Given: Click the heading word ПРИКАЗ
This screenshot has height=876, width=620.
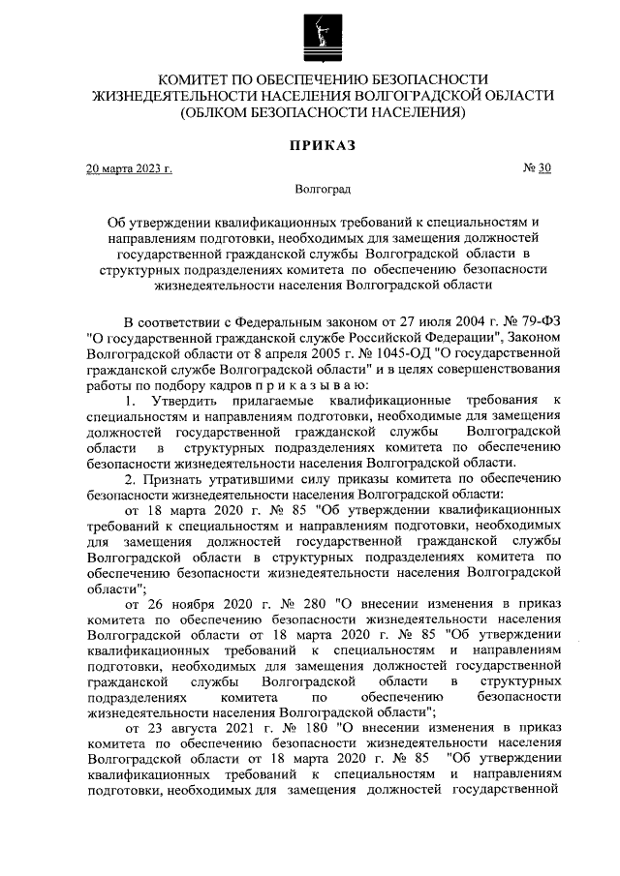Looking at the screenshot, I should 321,146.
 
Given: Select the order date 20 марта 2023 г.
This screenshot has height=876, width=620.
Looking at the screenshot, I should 129,169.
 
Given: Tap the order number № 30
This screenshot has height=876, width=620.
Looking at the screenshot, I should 538,168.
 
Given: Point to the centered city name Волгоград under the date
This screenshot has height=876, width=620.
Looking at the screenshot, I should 322,191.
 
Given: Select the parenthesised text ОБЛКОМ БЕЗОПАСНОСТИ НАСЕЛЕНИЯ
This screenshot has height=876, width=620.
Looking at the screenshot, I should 322,112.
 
